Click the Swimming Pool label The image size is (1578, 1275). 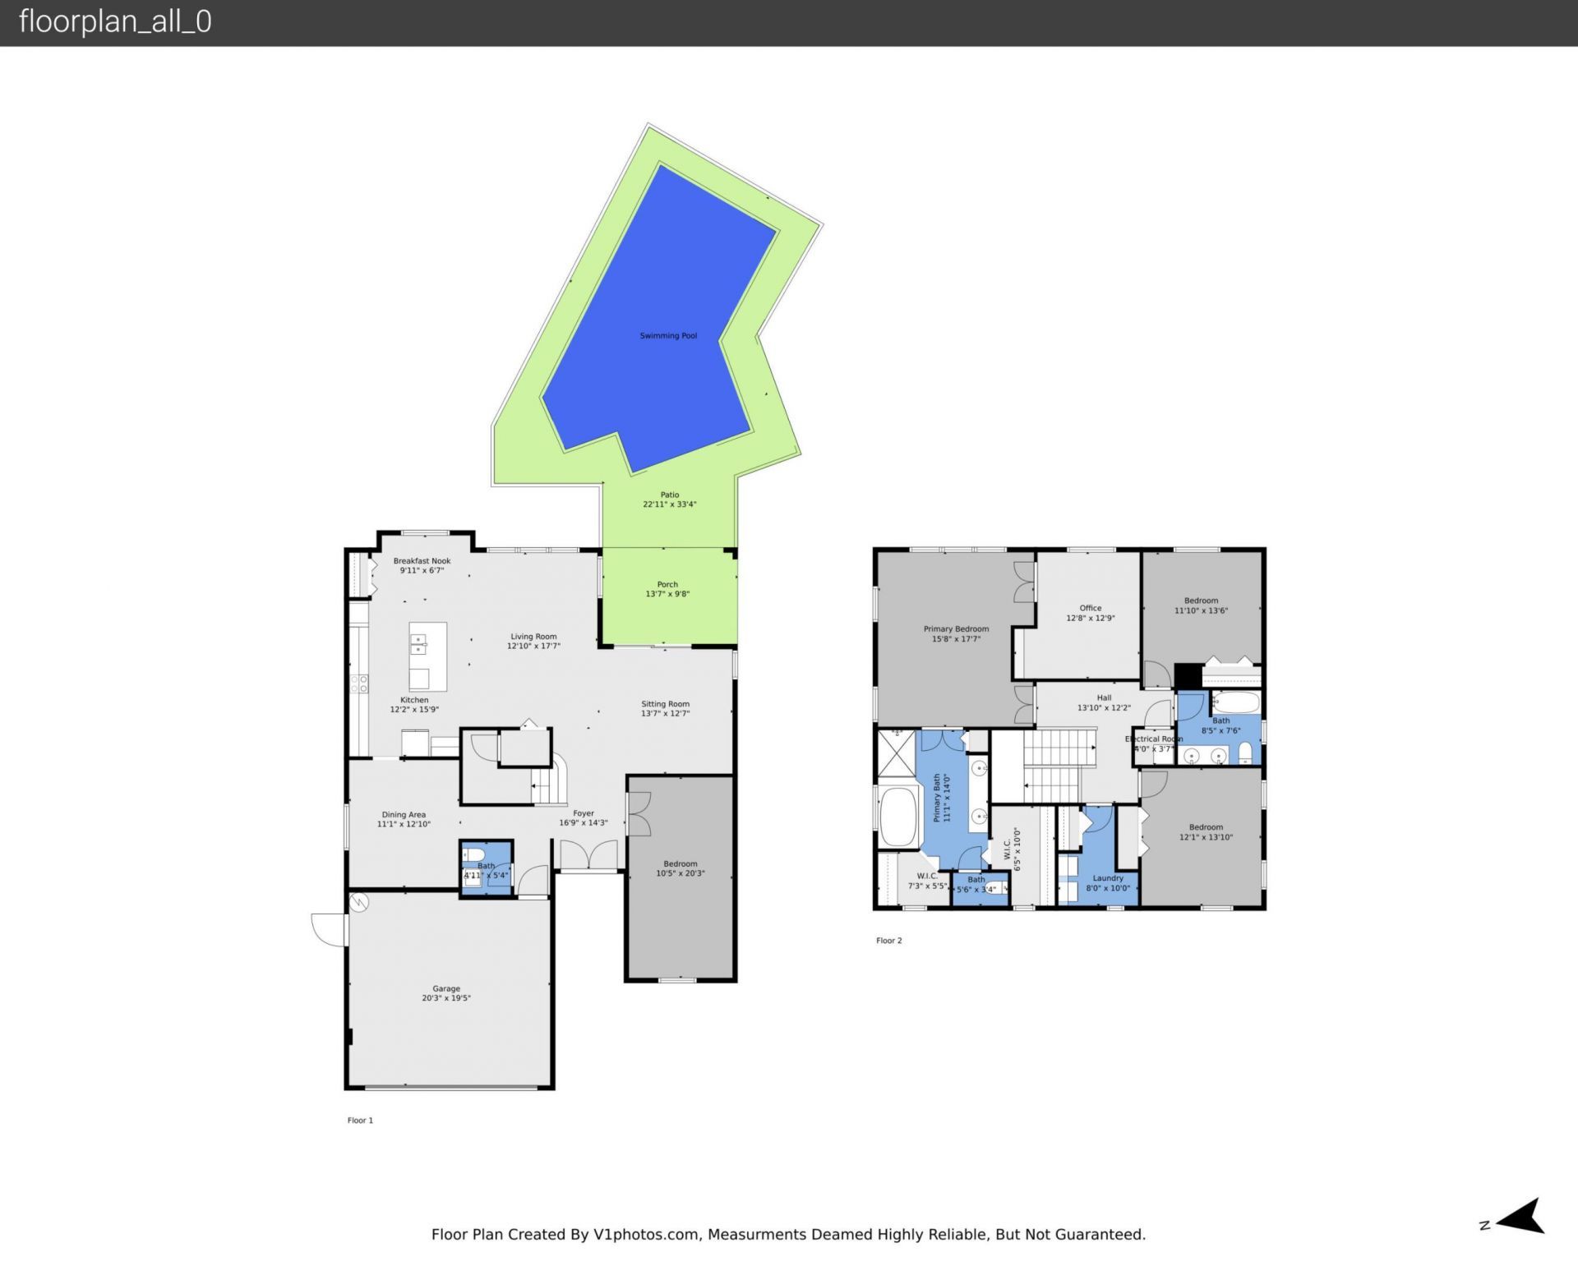click(668, 335)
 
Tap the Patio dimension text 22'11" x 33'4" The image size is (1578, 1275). click(669, 504)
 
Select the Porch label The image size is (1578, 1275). click(667, 584)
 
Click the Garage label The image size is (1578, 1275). click(446, 988)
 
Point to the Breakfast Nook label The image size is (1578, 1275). click(422, 561)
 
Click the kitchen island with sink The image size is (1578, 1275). click(428, 656)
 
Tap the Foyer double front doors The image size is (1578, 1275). click(588, 855)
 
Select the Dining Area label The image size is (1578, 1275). click(404, 814)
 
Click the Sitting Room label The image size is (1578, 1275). click(665, 703)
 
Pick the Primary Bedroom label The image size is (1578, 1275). click(956, 628)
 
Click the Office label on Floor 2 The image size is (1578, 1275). click(1090, 608)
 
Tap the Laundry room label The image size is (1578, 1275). click(1107, 877)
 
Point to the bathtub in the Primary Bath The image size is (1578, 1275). click(898, 817)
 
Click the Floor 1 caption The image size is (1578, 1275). click(360, 1120)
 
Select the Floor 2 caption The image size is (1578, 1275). click(888, 940)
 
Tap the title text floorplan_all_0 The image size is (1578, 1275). click(115, 21)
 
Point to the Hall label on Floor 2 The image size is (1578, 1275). click(1104, 697)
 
